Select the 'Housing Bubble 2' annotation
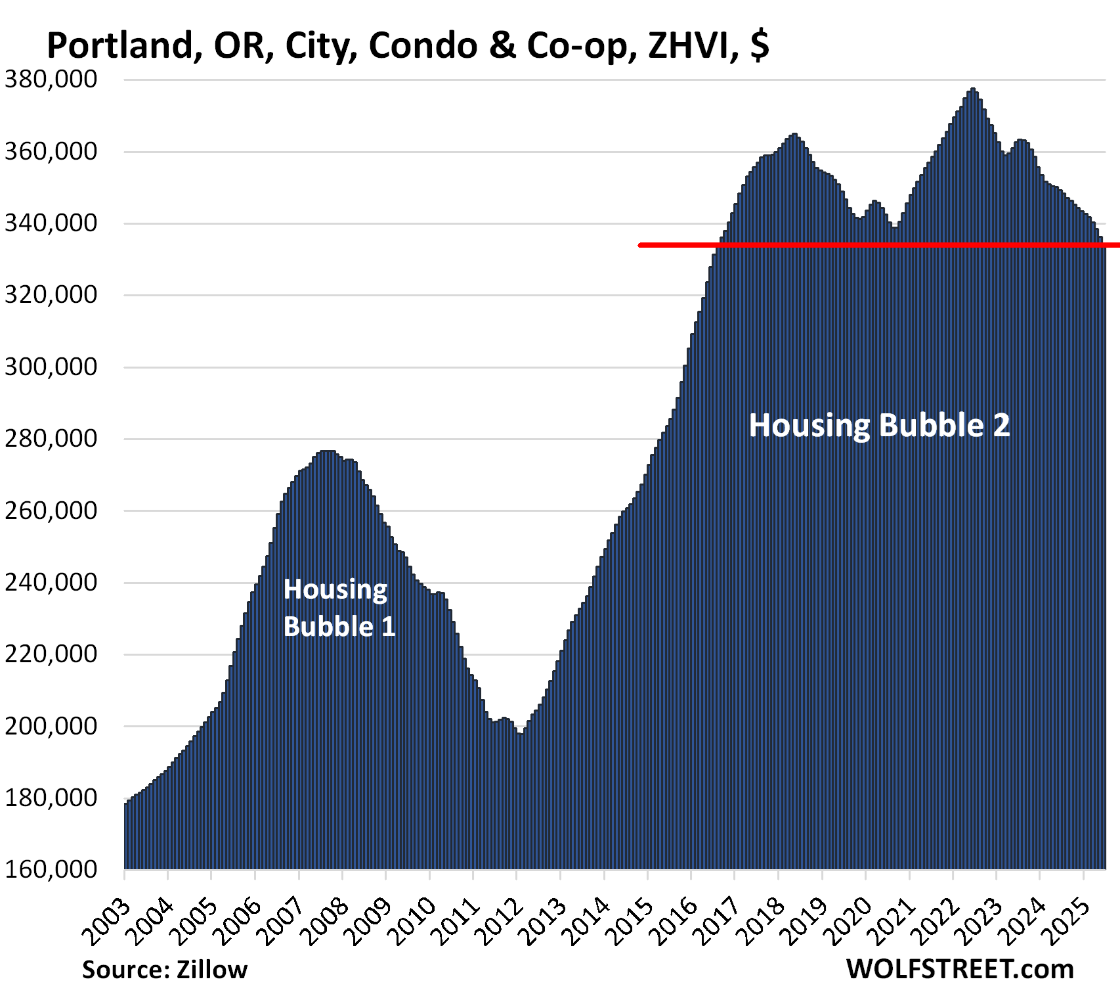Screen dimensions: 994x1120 pyautogui.click(x=879, y=425)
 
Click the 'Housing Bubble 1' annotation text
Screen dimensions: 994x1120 pyautogui.click(x=339, y=608)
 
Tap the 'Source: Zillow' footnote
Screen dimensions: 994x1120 pyautogui.click(x=165, y=970)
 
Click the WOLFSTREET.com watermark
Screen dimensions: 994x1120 pyautogui.click(x=960, y=969)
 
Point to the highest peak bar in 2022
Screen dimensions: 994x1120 pyautogui.click(x=973, y=91)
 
